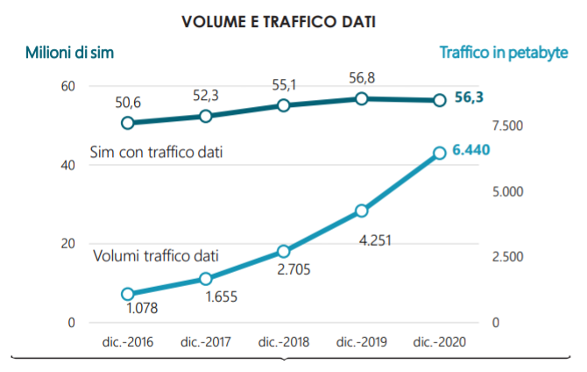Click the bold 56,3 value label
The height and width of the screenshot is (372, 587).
[470, 98]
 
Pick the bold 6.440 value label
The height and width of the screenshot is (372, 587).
[471, 151]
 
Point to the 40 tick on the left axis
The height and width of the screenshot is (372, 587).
[67, 165]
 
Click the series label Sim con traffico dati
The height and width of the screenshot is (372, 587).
[156, 153]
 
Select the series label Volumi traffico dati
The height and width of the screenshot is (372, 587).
[155, 257]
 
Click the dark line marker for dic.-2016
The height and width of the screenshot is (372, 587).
[128, 123]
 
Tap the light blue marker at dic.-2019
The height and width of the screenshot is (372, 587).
[361, 211]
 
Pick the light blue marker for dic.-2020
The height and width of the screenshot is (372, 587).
[439, 154]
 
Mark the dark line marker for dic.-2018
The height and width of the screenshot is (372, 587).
[283, 105]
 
